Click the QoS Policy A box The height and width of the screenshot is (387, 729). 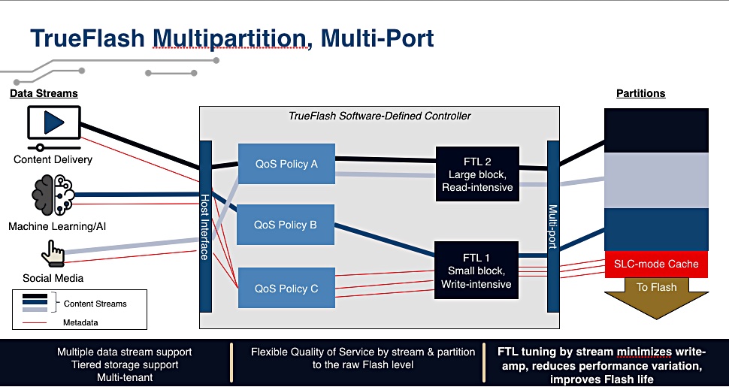tap(286, 163)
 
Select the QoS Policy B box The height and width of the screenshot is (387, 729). tap(286, 225)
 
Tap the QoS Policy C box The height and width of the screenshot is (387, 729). tap(286, 288)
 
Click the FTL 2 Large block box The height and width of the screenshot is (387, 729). tap(477, 174)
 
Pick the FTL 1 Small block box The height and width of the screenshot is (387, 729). tap(476, 271)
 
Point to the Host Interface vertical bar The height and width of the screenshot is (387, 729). tap(205, 226)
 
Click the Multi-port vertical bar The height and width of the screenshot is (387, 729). tap(553, 226)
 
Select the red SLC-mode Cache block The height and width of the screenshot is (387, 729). tap(656, 265)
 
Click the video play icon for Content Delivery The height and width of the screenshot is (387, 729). tap(54, 128)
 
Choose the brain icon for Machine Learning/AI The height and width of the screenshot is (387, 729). tap(53, 195)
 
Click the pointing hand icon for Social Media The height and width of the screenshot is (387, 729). tap(53, 253)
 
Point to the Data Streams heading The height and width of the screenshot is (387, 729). tap(44, 93)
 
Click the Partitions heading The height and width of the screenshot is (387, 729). tap(640, 93)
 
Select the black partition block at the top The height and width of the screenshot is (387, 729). tap(656, 130)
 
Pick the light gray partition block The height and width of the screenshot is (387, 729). tap(656, 180)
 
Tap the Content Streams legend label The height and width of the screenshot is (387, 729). tap(95, 304)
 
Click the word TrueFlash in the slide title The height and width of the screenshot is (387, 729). tap(87, 38)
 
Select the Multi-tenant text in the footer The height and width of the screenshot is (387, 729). tap(125, 377)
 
